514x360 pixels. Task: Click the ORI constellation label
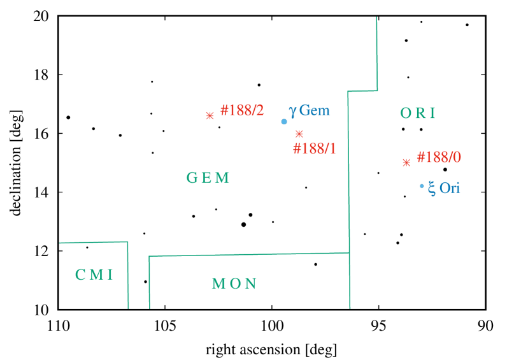[x=418, y=113]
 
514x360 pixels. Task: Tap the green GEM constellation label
[x=208, y=178]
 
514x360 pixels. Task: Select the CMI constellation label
[x=94, y=275]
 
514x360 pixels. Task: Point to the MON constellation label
[x=234, y=284]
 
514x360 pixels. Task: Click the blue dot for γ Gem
[x=284, y=121]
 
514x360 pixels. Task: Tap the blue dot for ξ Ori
[x=422, y=186]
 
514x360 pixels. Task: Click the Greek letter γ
[x=292, y=111]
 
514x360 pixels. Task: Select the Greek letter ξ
[x=432, y=189]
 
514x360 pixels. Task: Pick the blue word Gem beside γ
[x=315, y=110]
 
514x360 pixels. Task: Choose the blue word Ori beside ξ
[x=450, y=189]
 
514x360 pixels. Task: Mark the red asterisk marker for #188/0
[x=406, y=162]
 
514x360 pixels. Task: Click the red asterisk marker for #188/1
[x=299, y=134]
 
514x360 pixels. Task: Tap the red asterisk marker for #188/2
[x=210, y=116]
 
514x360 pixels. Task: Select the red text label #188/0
[x=438, y=157]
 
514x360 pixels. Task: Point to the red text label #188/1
[x=314, y=149]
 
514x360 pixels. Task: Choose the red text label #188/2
[x=242, y=110]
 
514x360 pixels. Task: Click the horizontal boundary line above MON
[x=248, y=254]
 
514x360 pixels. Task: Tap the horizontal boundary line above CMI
[x=94, y=242]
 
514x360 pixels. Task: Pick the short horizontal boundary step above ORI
[x=362, y=91]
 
